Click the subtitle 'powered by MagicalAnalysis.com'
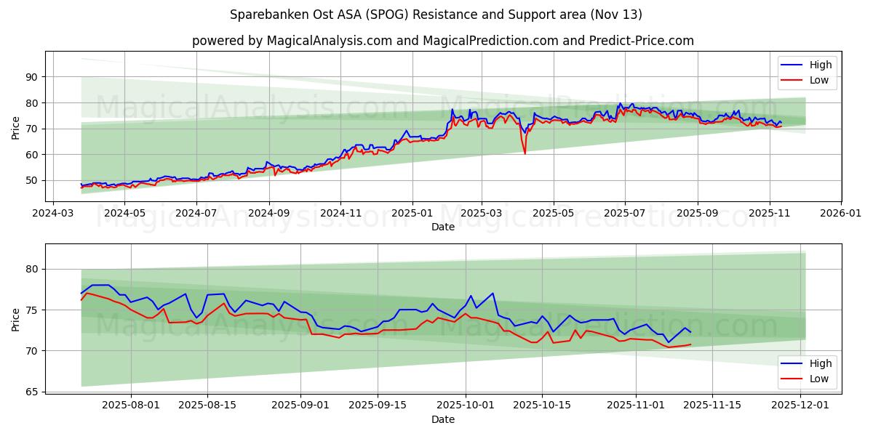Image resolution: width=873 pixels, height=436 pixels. tap(442, 41)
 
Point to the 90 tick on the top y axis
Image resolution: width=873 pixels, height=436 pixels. tap(31, 77)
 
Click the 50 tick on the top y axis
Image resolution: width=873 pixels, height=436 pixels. tap(31, 180)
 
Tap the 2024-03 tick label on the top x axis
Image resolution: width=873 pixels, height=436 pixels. tap(53, 214)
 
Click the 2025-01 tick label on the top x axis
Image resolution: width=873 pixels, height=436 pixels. tap(412, 214)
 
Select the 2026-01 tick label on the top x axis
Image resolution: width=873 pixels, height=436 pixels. tap(841, 214)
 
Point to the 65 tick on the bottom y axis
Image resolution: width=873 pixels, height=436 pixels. tap(31, 392)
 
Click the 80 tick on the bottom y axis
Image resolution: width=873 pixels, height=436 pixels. tap(31, 269)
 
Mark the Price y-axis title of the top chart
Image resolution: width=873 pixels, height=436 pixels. tap(16, 129)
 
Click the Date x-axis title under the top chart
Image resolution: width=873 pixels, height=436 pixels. tap(442, 227)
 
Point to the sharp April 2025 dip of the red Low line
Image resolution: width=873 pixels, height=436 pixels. tap(525, 153)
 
